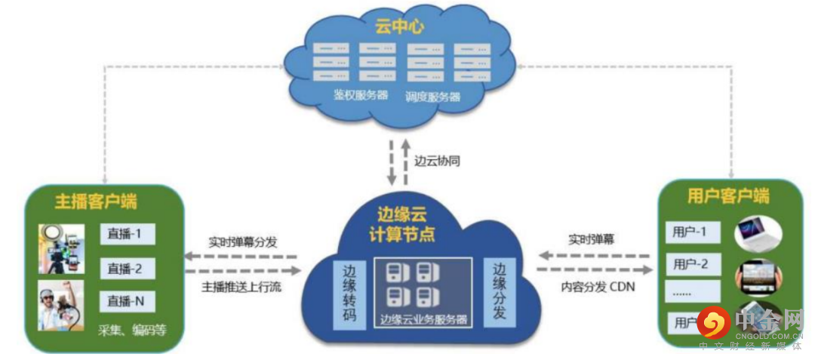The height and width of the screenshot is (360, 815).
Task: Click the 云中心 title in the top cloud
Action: tap(400, 26)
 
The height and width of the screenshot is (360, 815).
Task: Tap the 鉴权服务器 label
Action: tap(361, 96)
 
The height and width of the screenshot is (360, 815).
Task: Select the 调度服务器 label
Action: tap(432, 97)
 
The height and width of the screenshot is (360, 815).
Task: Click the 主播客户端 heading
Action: tap(97, 202)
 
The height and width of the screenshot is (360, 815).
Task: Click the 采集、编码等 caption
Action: tap(132, 330)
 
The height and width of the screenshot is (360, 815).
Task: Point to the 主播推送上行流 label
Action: tap(242, 287)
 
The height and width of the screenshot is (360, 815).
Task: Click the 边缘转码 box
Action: tap(349, 294)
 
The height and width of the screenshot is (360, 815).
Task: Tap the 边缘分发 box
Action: tap(500, 291)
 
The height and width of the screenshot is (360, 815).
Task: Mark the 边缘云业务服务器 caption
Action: tap(424, 319)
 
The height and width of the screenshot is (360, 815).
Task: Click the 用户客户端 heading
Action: tap(729, 197)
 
